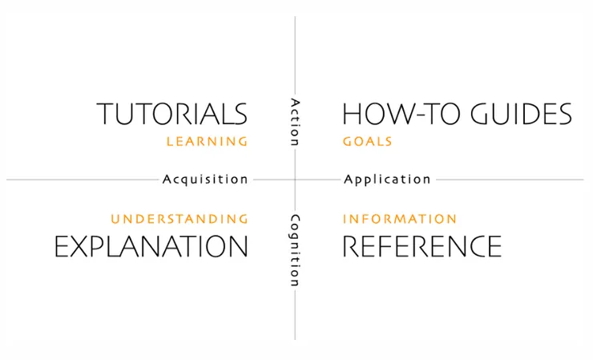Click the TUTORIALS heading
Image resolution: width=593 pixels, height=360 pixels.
172,114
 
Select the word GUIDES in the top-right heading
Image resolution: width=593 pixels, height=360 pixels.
521,114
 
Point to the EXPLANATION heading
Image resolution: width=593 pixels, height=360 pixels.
151,246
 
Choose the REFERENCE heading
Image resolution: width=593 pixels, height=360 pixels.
422,246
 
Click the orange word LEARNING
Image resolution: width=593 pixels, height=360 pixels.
207,142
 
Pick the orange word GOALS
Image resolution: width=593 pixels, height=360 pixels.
367,142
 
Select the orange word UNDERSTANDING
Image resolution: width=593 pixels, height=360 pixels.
180,219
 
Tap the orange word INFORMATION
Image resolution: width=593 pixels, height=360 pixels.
400,219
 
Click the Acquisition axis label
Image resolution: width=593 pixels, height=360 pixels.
205,179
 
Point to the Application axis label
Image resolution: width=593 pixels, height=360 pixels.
387,180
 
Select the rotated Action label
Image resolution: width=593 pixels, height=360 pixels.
295,122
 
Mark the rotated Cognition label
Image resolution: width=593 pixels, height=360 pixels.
295,250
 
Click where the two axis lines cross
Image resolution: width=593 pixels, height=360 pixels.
295,180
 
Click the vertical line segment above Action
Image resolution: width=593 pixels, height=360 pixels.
295,55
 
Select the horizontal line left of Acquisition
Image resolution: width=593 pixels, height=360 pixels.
83,180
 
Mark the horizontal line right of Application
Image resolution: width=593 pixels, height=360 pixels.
510,180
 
